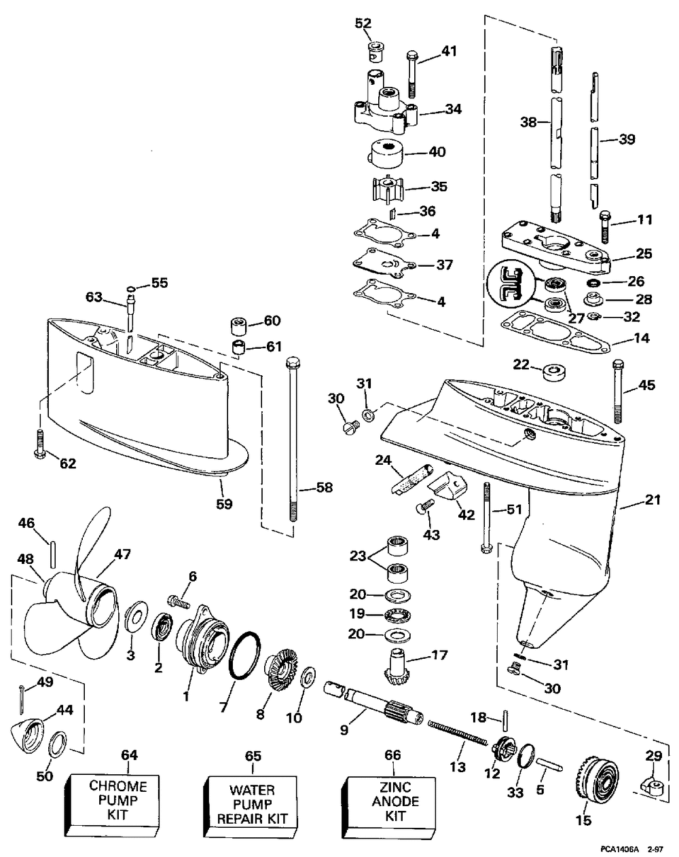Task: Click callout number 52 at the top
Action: click(x=363, y=23)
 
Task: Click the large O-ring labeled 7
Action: click(x=244, y=655)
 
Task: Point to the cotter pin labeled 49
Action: click(x=22, y=700)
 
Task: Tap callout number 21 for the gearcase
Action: click(x=653, y=499)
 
